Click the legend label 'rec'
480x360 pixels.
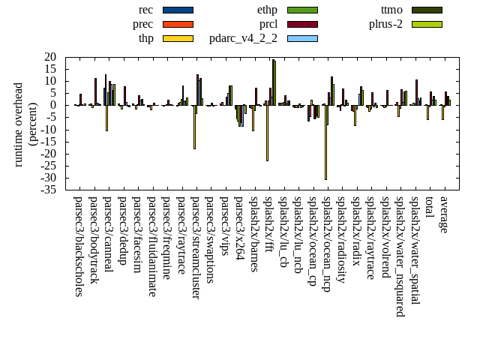(146, 10)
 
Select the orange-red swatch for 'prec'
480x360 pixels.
(178, 24)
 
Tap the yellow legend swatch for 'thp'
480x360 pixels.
(178, 38)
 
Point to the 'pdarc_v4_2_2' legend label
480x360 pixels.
(243, 38)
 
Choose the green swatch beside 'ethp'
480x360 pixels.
(302, 10)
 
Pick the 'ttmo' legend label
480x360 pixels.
(391, 10)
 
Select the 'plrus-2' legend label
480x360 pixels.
(385, 24)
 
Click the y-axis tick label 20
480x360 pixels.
(51, 57)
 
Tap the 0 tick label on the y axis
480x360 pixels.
(54, 105)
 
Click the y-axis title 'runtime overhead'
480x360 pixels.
(19, 124)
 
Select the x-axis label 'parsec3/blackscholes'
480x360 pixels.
(79, 247)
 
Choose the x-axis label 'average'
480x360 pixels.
(444, 214)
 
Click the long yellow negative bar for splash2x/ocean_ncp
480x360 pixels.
(325, 142)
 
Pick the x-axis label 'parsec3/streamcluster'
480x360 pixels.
(196, 248)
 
